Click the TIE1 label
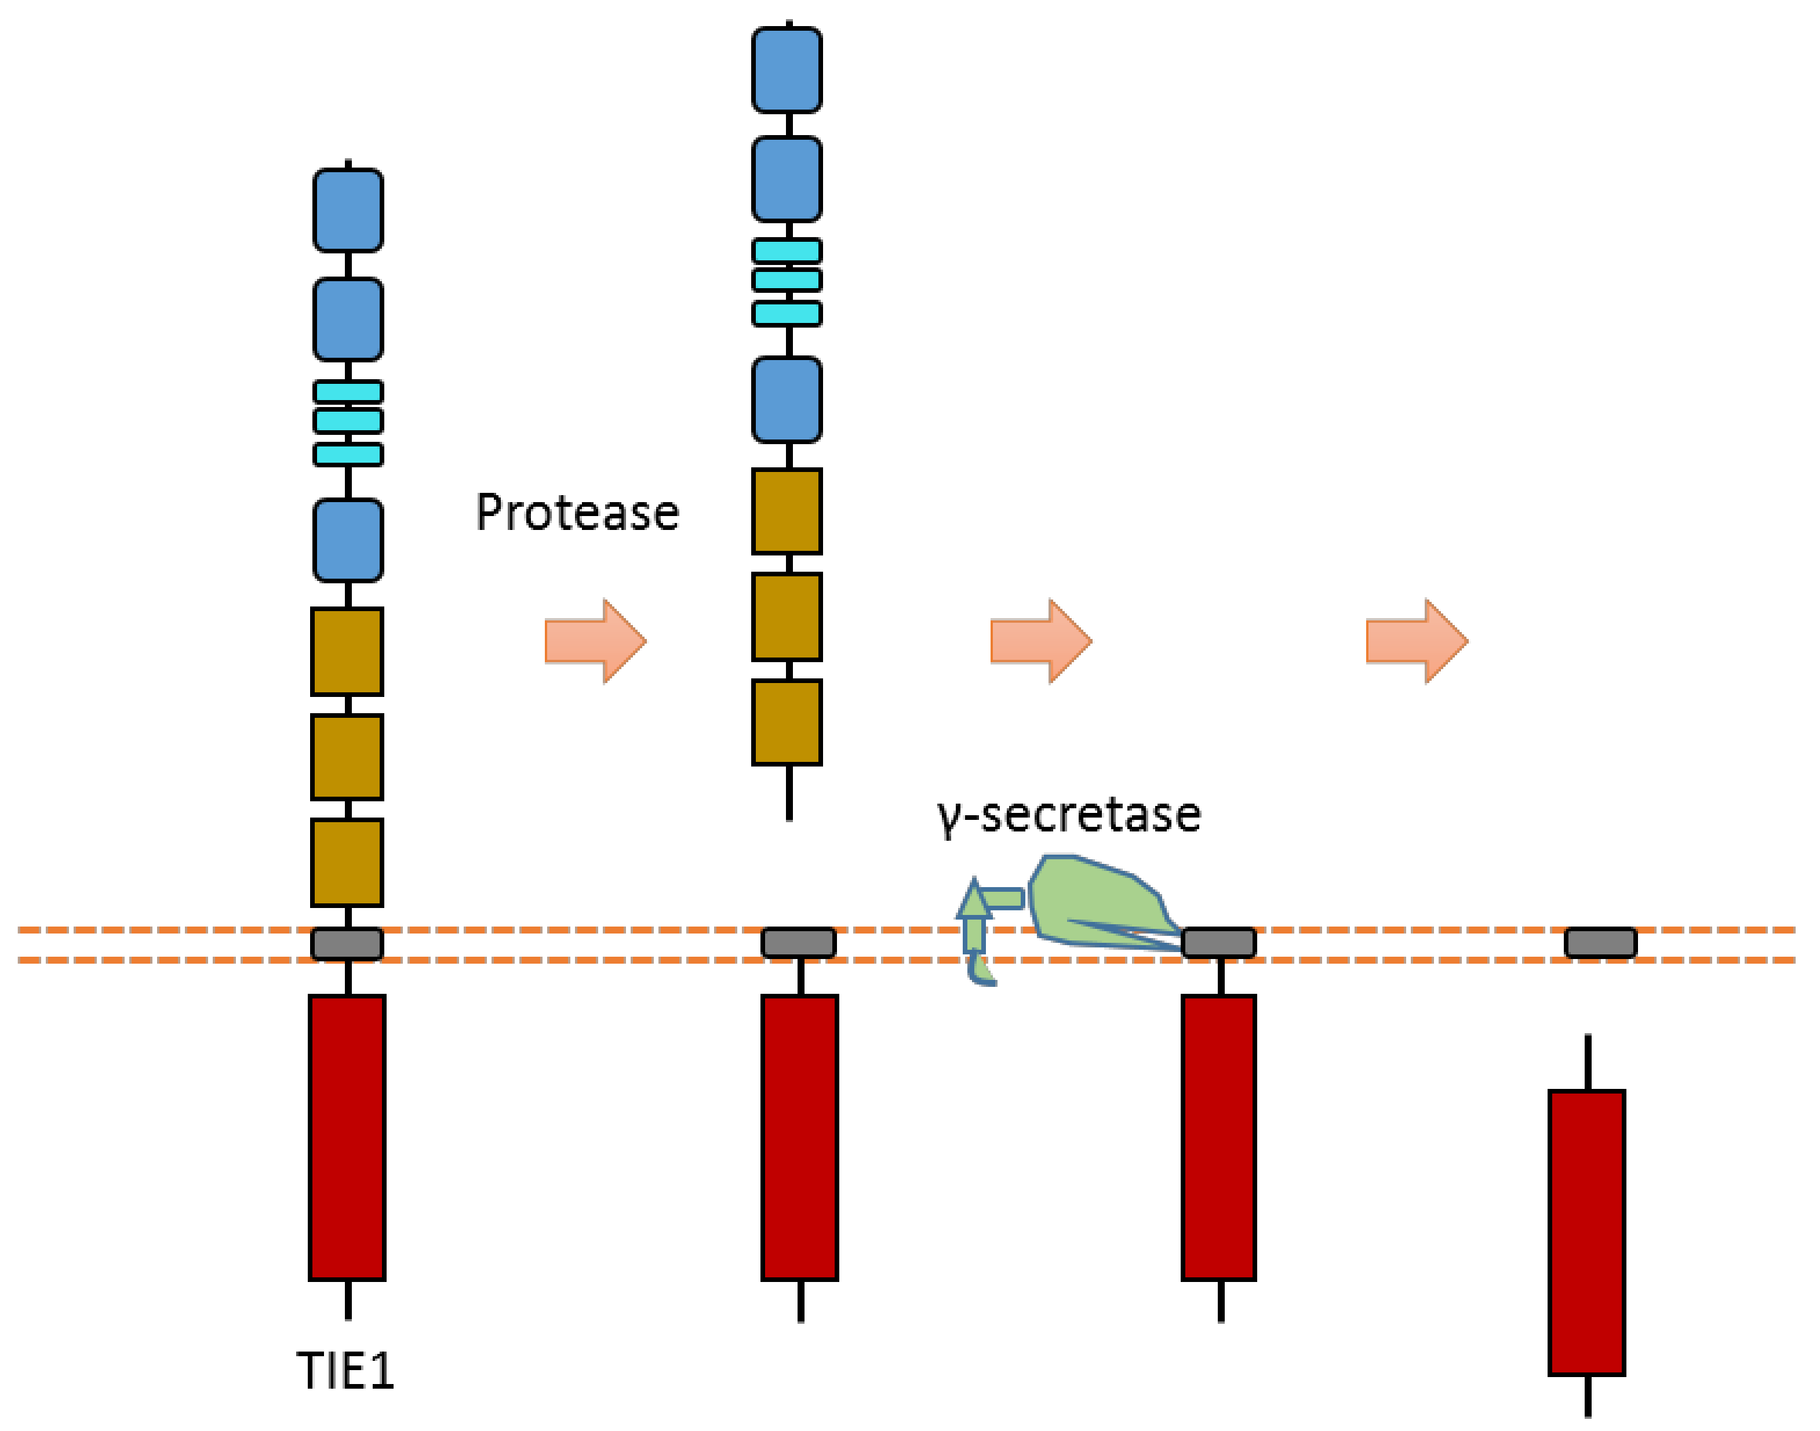point(345,1371)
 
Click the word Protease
point(577,513)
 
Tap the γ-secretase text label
point(1069,815)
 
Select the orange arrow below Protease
point(595,641)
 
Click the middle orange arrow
point(1041,641)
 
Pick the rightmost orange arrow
point(1417,641)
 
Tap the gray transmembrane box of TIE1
point(347,944)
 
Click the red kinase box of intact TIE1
point(347,1138)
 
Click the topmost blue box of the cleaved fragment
point(787,70)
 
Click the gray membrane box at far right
point(1600,943)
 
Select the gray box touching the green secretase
point(1218,943)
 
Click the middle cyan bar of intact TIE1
point(348,420)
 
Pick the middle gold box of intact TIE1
point(347,757)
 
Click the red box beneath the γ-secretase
point(1218,1138)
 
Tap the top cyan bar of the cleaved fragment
point(787,250)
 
